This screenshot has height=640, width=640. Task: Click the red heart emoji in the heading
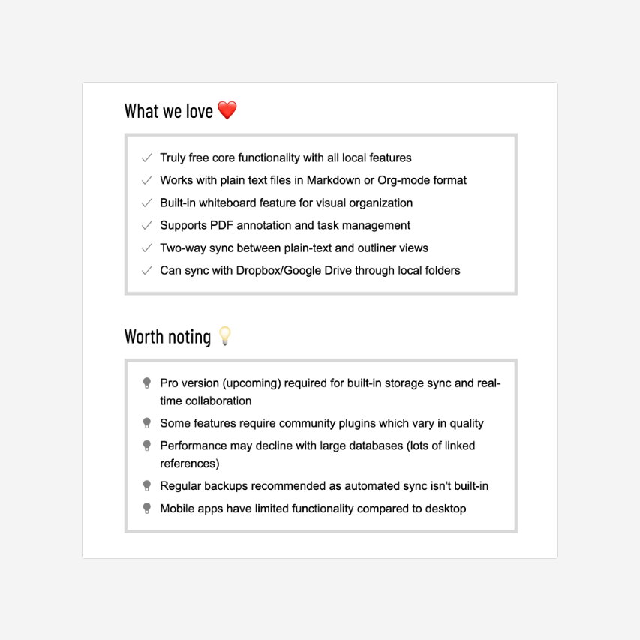[227, 111]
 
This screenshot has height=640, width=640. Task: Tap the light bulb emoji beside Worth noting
[224, 336]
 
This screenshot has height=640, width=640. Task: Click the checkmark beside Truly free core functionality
[146, 158]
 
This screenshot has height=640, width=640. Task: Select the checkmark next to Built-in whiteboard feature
[146, 203]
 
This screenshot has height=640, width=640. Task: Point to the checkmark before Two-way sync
[146, 248]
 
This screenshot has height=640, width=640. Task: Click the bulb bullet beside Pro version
[147, 383]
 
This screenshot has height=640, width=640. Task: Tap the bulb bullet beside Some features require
[147, 423]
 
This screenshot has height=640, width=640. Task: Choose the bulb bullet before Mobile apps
[147, 509]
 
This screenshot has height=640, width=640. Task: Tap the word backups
[227, 486]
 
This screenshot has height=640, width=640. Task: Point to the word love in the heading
[200, 111]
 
